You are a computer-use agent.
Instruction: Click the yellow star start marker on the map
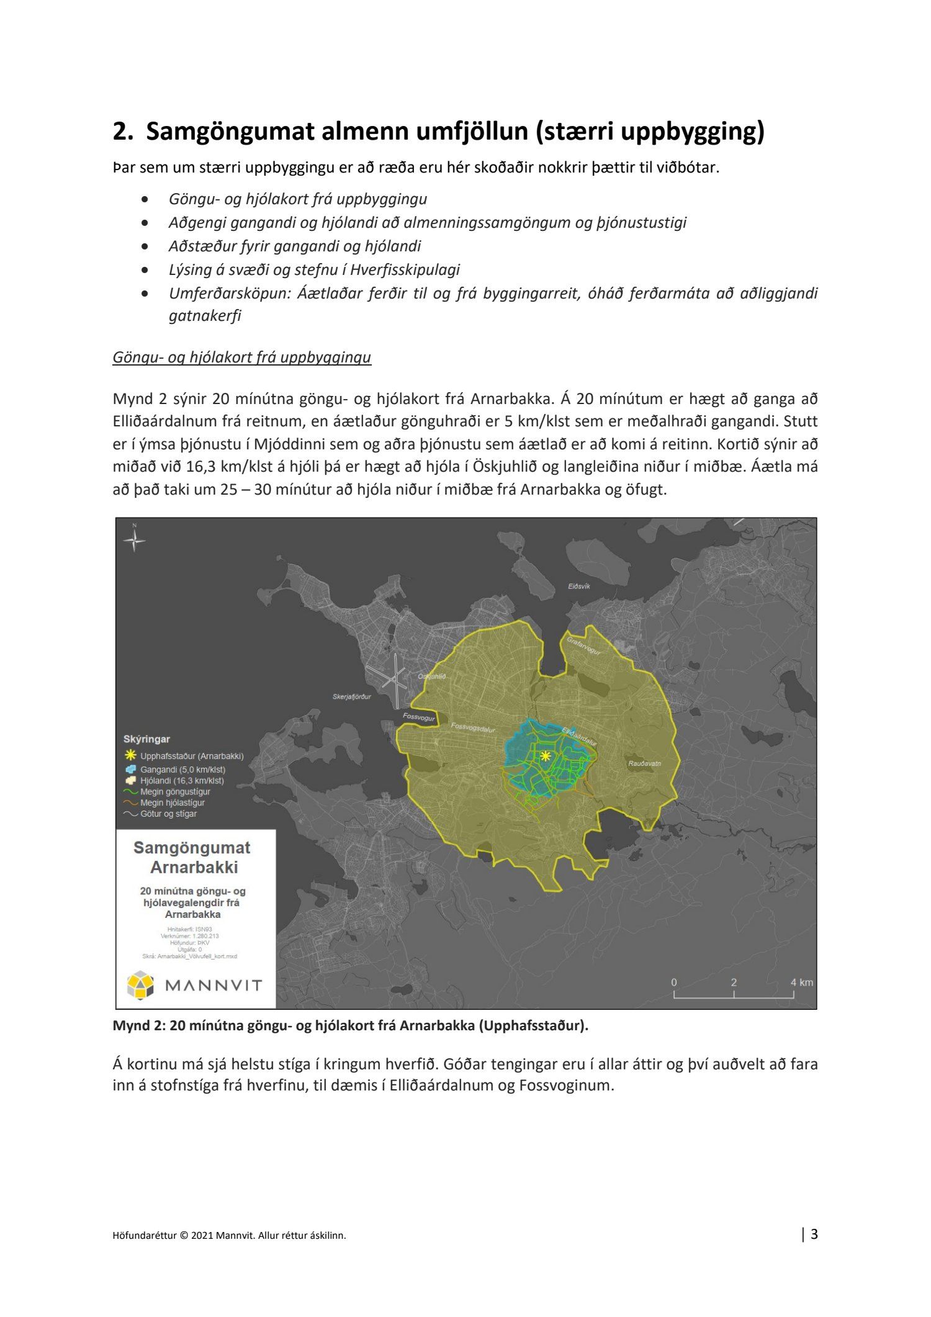(x=545, y=756)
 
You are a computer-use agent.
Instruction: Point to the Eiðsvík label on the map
(x=578, y=586)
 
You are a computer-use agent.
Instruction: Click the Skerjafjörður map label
(x=351, y=696)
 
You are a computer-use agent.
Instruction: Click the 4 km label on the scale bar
(x=801, y=982)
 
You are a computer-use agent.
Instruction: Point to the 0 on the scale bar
(x=674, y=982)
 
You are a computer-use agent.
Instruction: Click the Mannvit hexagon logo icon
(x=140, y=986)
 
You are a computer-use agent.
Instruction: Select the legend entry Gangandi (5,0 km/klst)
(x=182, y=770)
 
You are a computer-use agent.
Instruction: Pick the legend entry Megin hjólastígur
(x=172, y=802)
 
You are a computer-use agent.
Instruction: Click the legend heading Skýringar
(x=146, y=739)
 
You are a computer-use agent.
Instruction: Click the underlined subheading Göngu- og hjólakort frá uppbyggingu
(x=241, y=357)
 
